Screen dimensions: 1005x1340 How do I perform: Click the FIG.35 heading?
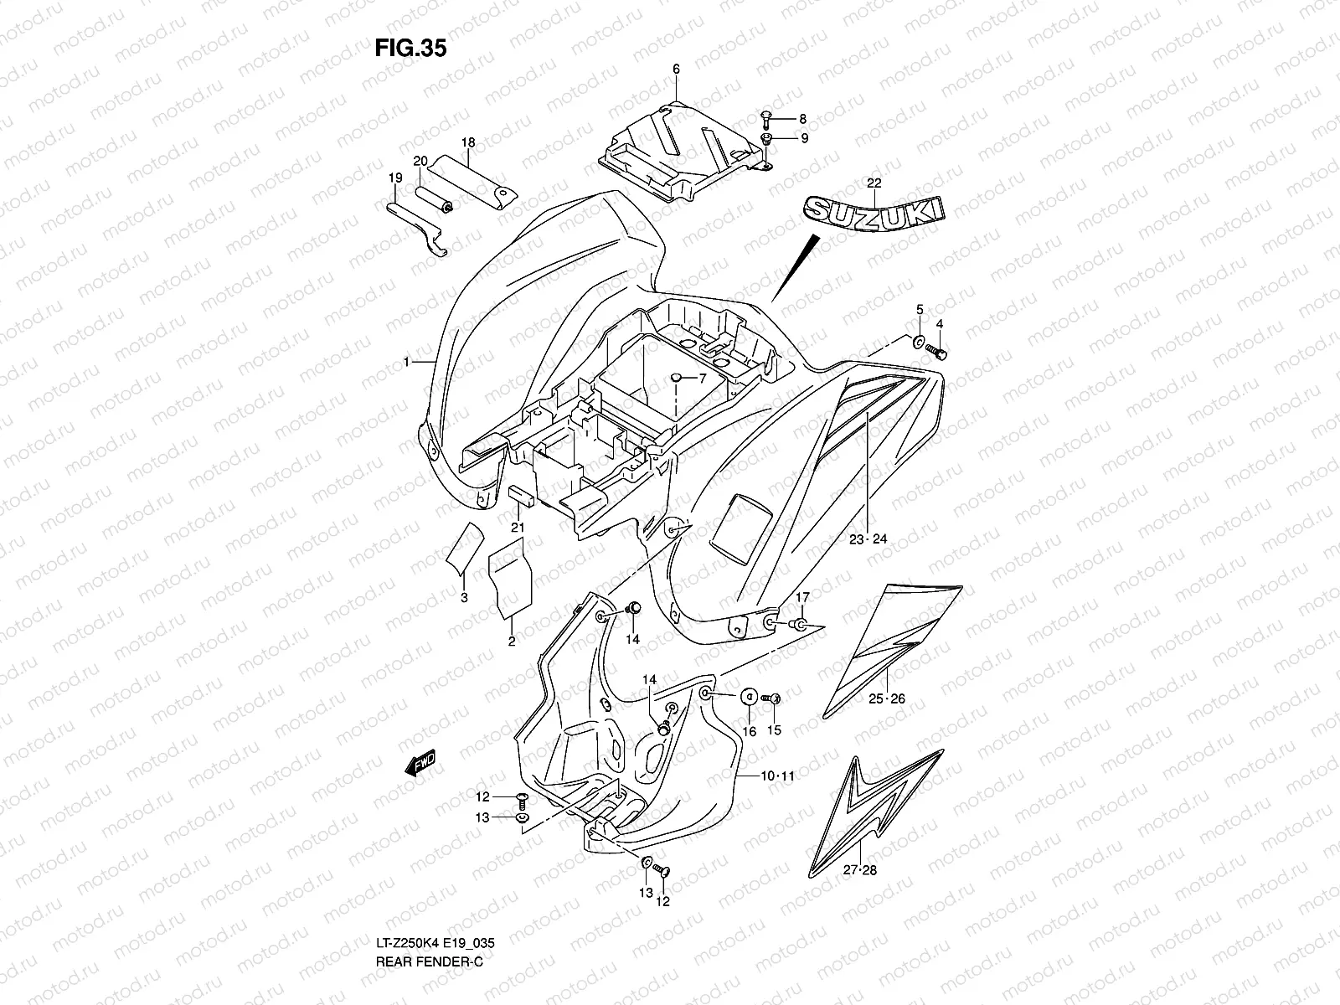click(410, 49)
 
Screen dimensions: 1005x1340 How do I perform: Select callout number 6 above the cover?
click(675, 70)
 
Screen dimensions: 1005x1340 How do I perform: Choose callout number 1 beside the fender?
click(406, 363)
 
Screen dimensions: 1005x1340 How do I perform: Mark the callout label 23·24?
click(868, 539)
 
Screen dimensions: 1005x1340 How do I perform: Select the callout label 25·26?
click(885, 698)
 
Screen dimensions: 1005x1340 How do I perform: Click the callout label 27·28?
click(859, 870)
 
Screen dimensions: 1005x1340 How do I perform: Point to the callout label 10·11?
click(776, 776)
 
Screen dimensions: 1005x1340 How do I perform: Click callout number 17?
click(801, 598)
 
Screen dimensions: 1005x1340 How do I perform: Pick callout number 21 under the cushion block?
click(518, 527)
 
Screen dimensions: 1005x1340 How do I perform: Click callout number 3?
click(463, 597)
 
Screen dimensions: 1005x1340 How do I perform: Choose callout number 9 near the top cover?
click(803, 139)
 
